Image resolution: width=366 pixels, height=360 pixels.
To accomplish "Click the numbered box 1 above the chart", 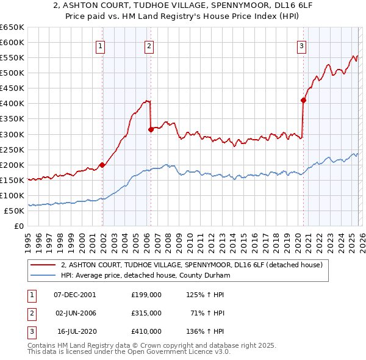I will coord(99,45).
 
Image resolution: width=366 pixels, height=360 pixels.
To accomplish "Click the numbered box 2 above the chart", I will coord(149,45).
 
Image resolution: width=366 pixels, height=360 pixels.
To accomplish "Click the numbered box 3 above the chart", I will coord(301,45).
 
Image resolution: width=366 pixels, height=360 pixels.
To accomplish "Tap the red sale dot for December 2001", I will coord(102,165).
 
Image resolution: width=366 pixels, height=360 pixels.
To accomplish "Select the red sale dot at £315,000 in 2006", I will coord(151,129).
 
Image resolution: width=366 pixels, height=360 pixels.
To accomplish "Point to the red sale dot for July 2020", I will coord(303,100).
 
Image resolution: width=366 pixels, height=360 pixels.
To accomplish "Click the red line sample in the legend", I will coord(43,265).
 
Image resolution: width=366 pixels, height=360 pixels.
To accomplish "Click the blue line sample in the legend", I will coord(43,275).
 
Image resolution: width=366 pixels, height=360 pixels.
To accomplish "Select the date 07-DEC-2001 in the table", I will coord(74,294).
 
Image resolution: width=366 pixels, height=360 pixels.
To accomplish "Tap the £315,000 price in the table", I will coord(146,313).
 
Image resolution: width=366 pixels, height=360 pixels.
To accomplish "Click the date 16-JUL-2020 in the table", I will coord(76,331).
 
